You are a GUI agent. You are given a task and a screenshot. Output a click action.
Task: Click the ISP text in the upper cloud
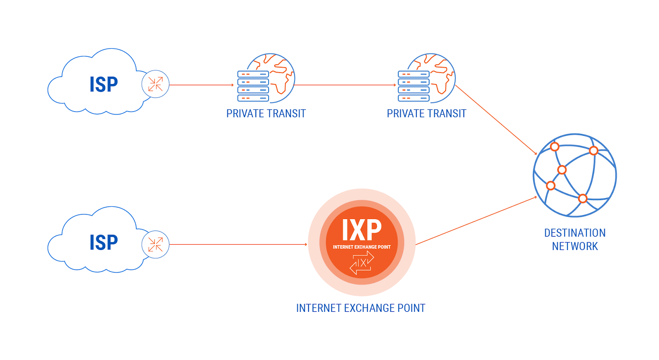point(104,84)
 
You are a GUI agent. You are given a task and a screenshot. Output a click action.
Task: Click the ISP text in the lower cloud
point(104,242)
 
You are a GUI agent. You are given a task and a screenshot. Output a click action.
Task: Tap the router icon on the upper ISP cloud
point(155,84)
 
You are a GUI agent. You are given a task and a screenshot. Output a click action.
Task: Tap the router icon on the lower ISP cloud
point(155,244)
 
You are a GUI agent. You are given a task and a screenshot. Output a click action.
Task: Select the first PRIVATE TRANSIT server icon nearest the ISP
point(265,78)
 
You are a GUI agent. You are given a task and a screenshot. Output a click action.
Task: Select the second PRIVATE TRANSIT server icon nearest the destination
point(426,78)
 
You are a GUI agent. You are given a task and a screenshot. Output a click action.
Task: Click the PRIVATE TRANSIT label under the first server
point(266,114)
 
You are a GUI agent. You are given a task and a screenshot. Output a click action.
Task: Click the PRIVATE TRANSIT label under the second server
point(426,114)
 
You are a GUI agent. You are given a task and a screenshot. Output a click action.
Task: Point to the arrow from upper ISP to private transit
point(201,85)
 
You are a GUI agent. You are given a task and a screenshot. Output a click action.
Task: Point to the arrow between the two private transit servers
point(345,85)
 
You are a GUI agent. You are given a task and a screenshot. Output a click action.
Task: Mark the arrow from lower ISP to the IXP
point(238,244)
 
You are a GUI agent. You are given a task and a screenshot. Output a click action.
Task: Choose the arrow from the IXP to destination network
point(476,221)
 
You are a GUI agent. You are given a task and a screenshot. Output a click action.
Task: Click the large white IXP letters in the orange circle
point(362,230)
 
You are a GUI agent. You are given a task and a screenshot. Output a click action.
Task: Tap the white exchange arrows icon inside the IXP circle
point(362,263)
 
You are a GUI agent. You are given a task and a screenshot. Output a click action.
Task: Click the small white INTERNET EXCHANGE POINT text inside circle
point(362,247)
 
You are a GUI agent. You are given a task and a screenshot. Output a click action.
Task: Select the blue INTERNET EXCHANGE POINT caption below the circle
point(360,308)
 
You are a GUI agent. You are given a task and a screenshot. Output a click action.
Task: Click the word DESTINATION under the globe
point(575,233)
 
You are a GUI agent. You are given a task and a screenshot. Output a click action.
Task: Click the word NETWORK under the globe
point(575,246)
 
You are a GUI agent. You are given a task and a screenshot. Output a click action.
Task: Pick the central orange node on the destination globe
point(562,170)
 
